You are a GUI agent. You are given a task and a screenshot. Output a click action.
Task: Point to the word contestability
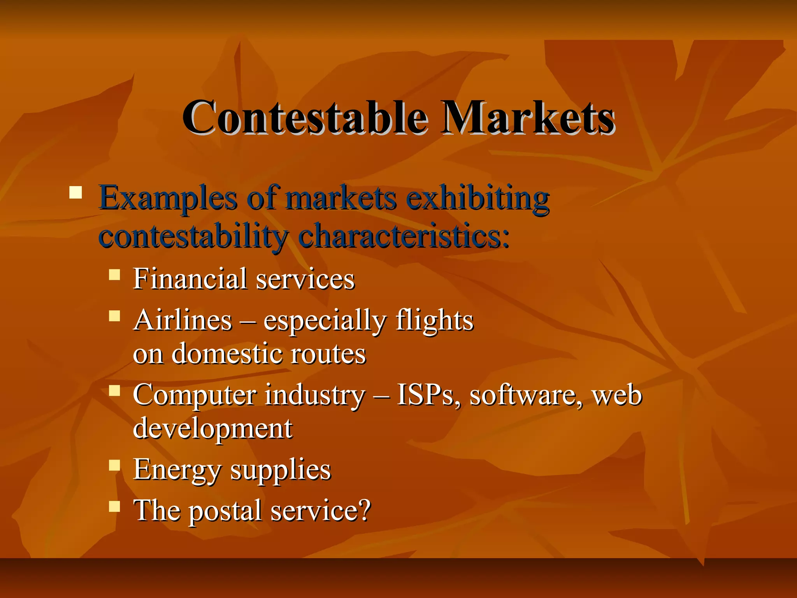[x=193, y=237]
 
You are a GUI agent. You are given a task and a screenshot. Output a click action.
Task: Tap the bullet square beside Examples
[x=75, y=193]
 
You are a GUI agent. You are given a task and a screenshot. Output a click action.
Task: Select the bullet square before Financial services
[x=114, y=275]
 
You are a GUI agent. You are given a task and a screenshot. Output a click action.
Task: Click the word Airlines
[x=183, y=320]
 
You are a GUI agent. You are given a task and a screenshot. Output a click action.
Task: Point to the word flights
[x=434, y=320]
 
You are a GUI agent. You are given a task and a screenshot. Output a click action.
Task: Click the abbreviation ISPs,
[x=428, y=395]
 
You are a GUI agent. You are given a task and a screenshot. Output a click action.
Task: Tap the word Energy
[x=177, y=470]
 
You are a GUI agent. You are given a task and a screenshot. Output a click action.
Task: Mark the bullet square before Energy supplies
[x=114, y=465]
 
